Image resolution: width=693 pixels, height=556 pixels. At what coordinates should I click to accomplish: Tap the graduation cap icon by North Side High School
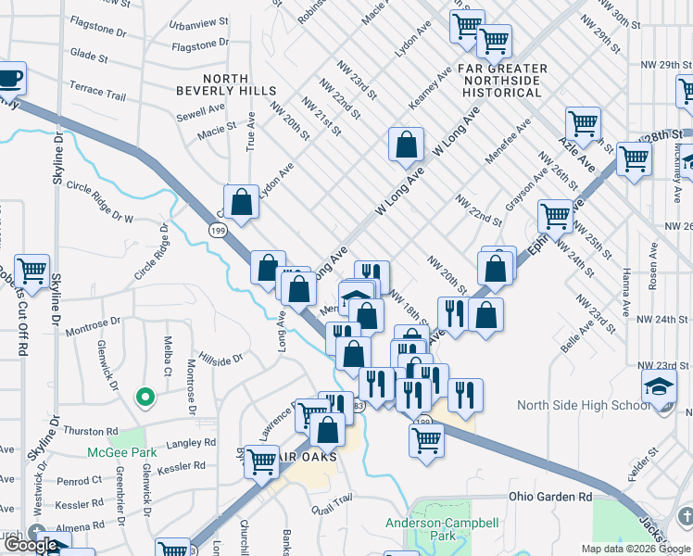coord(659,385)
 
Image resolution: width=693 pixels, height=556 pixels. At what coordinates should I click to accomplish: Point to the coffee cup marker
coord(9,78)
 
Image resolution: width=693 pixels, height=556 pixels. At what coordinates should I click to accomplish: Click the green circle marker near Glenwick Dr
coord(144,398)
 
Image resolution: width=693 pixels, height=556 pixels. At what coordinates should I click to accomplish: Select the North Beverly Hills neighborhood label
coord(226,84)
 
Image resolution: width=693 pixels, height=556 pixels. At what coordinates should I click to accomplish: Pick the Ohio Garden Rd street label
coord(550,497)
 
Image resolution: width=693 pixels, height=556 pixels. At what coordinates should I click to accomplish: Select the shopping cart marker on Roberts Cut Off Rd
coord(31,270)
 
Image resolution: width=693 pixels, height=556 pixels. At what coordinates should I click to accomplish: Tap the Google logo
coord(31,545)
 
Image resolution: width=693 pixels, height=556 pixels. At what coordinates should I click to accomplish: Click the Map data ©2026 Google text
coord(635,548)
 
